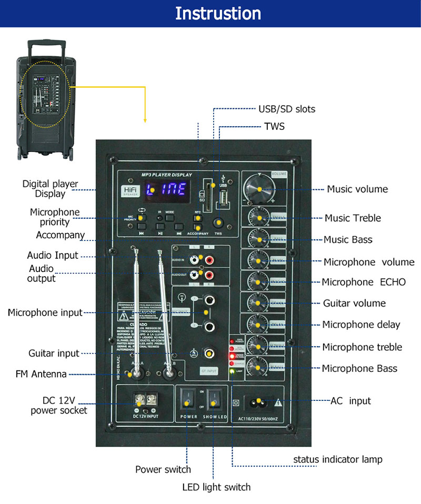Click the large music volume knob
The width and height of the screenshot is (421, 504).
(258, 189)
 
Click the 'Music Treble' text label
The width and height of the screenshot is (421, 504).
(352, 218)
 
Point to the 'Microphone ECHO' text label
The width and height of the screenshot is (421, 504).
(364, 282)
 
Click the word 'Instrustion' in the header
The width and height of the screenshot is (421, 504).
(218, 13)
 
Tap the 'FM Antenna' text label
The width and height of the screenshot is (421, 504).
(41, 375)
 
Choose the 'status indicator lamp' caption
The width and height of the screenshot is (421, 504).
(337, 459)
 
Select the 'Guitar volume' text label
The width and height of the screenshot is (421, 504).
(354, 303)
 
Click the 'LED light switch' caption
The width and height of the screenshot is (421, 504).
(216, 487)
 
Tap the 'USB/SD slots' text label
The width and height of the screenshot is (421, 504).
(286, 109)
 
